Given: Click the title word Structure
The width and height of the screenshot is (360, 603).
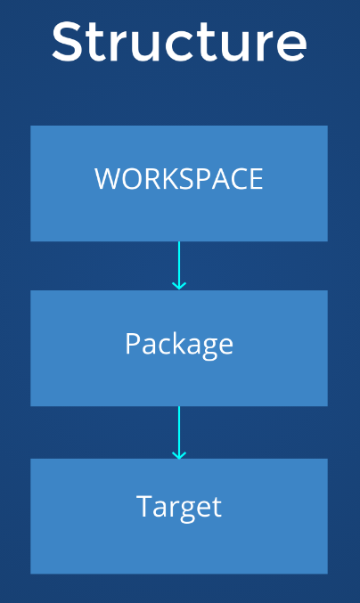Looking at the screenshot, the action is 179,42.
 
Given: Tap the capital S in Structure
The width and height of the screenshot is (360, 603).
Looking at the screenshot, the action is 68,42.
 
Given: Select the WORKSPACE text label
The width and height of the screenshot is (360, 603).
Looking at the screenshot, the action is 179,179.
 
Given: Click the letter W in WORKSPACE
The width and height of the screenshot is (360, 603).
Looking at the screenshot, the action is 109,179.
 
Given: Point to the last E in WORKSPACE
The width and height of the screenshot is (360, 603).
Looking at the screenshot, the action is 256,179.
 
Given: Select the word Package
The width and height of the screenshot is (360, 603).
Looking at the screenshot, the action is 179,345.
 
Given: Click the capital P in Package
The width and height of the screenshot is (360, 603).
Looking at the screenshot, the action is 133,343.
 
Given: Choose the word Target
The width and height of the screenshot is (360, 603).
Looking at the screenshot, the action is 179,508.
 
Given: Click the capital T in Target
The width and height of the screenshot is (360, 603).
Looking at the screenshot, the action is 144,506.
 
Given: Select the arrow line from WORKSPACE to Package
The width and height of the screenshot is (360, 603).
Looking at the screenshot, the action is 179,265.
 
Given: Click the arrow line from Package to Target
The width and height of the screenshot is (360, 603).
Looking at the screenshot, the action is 179,433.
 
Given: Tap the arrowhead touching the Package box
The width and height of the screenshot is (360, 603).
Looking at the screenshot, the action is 179,286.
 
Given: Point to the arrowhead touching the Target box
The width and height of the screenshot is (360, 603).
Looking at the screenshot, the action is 179,455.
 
